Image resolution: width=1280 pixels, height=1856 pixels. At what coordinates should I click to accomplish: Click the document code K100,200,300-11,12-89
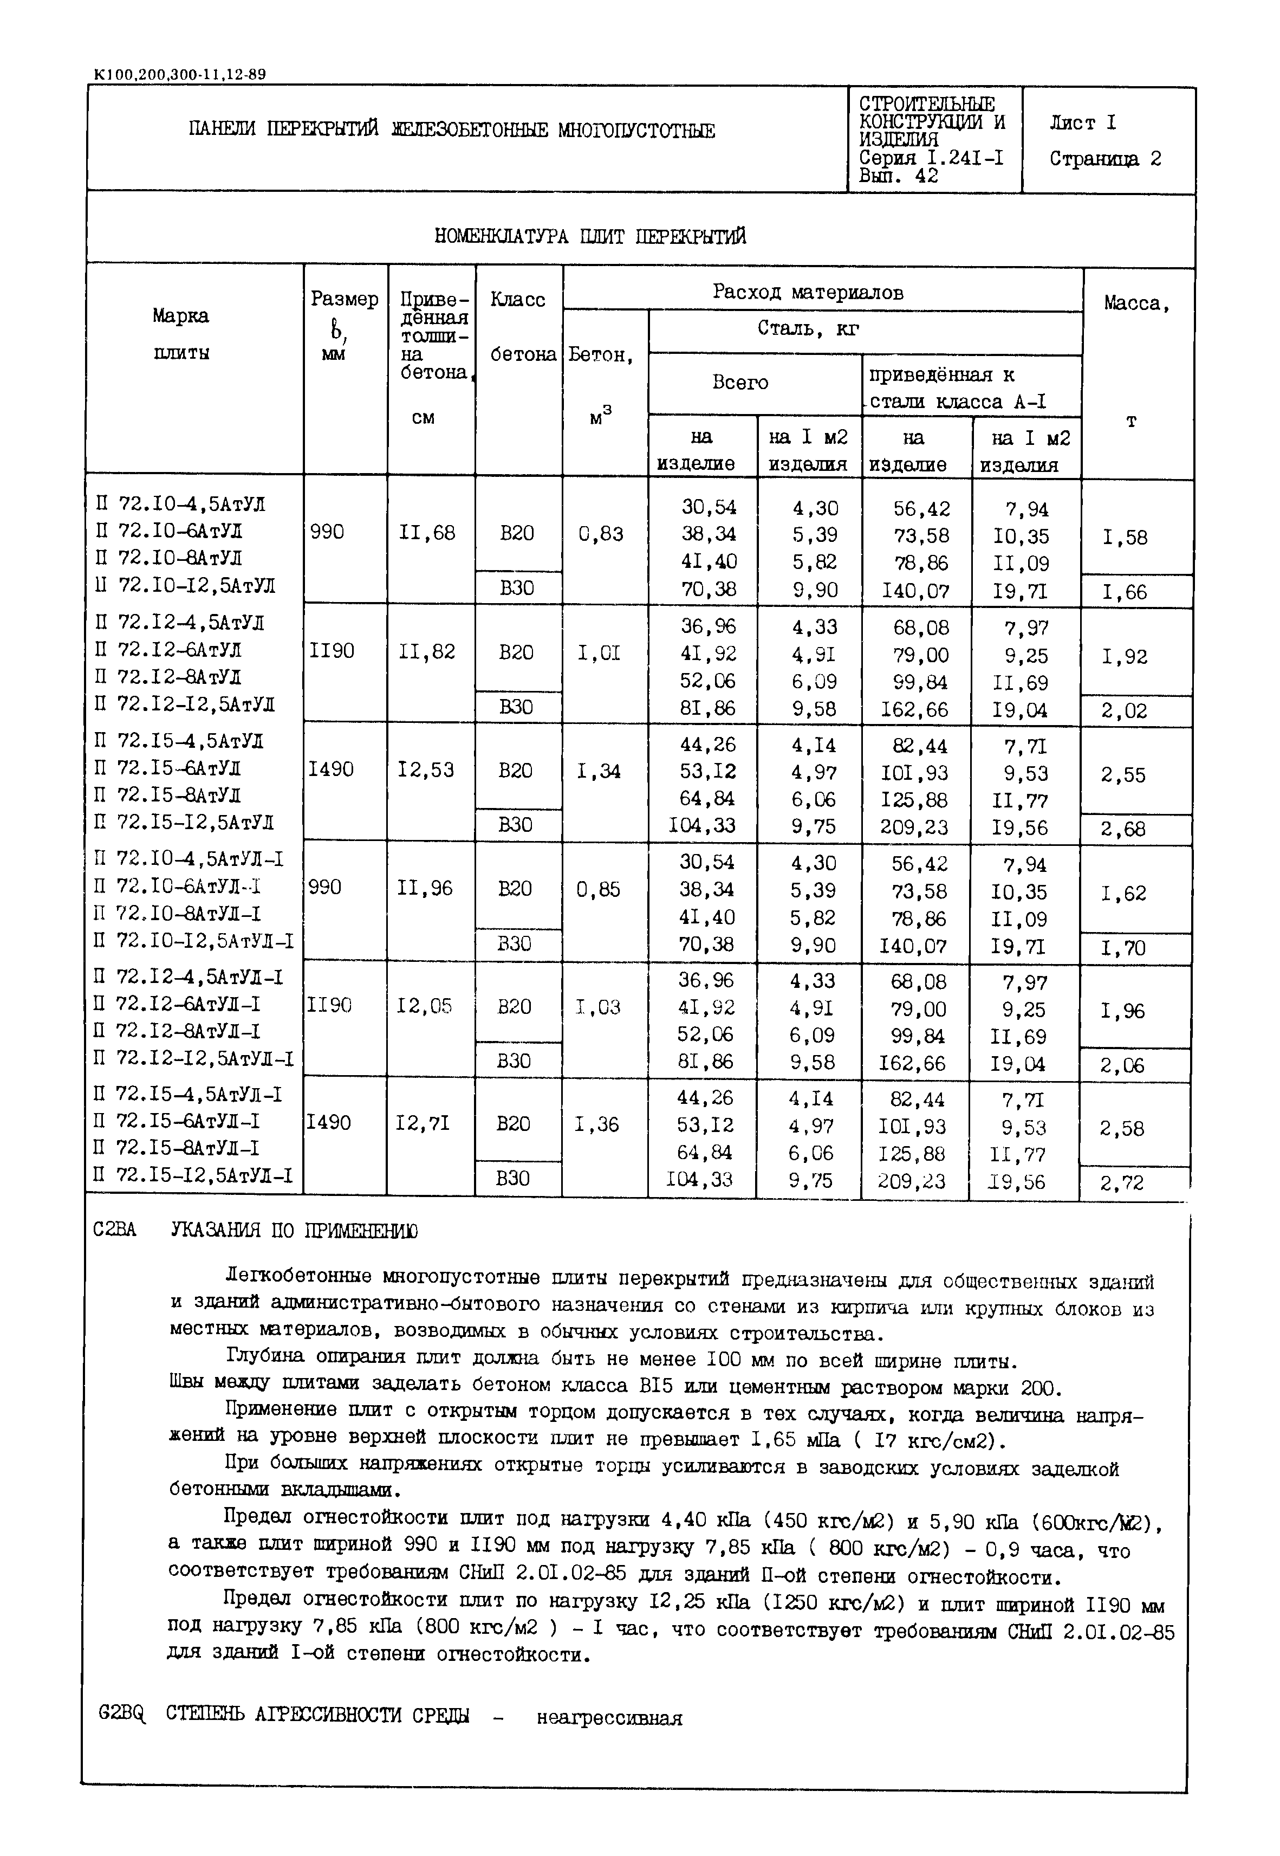pos(180,75)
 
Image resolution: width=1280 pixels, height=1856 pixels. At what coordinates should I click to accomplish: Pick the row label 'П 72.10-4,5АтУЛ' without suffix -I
pos(180,505)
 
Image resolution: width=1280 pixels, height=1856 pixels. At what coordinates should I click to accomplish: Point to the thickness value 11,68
pos(427,533)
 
